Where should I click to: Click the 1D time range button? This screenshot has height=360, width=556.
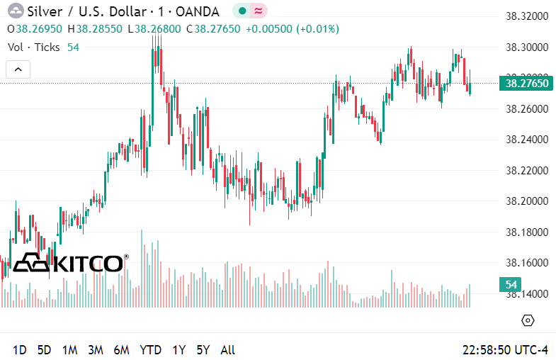tap(20, 349)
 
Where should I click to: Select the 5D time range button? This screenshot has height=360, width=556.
tap(44, 349)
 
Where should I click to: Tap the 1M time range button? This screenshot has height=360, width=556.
tap(69, 349)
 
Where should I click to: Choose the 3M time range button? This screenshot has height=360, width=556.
tap(96, 349)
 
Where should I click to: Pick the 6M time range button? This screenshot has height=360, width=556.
tap(121, 349)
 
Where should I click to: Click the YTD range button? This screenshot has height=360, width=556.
tap(150, 349)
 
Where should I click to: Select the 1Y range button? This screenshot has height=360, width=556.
tap(178, 349)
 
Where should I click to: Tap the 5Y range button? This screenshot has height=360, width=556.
tap(203, 349)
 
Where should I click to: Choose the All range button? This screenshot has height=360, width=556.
tap(228, 349)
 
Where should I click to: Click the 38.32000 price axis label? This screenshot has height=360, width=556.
tap(526, 16)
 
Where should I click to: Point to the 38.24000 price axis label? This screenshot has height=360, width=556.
tap(526, 140)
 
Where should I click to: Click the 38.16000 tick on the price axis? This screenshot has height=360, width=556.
tap(526, 263)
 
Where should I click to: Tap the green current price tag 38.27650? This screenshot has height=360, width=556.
tap(525, 84)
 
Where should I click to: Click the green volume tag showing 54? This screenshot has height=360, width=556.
tap(511, 285)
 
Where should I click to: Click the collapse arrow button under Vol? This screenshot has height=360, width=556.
tap(18, 69)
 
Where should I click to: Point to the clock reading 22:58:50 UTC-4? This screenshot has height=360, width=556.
tap(505, 349)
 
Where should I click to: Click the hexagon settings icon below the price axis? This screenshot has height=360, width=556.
tap(527, 320)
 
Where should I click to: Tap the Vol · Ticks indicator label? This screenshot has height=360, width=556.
tap(34, 47)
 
